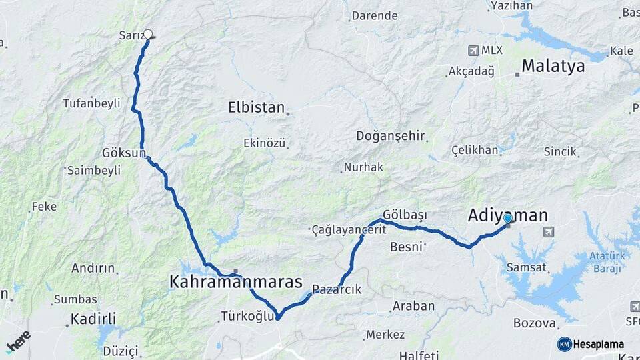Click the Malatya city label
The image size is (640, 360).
553,66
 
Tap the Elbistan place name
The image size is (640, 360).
256,107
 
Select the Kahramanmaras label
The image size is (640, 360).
236,282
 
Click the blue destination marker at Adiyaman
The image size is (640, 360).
508,218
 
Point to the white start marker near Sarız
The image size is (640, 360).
148,34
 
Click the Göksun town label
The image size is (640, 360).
124,153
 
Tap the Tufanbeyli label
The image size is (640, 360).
91,103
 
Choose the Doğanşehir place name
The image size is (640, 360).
390,136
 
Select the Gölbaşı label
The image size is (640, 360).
405,215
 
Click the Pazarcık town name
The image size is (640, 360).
337,289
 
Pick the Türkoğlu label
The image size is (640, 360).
247,317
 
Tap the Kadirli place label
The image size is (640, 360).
94,318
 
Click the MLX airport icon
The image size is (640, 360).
474,50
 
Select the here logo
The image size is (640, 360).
18,342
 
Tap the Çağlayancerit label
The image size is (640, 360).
349,229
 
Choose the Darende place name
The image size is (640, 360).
374,15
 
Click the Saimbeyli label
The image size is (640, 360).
94,170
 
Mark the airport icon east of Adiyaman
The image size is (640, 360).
549,232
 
